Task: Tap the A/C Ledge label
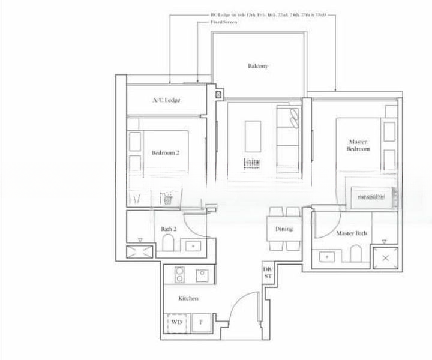[166, 100]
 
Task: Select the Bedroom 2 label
[166, 153]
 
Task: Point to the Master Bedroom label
[359, 145]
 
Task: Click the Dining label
[284, 229]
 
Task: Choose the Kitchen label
[188, 298]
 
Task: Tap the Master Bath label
[352, 233]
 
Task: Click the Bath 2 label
[169, 229]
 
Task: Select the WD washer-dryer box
[176, 322]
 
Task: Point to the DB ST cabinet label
[267, 273]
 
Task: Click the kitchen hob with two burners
[179, 275]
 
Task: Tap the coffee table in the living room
[253, 136]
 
